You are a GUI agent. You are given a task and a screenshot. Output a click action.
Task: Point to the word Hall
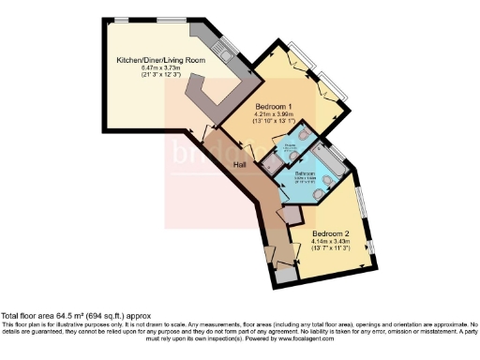[242, 165]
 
